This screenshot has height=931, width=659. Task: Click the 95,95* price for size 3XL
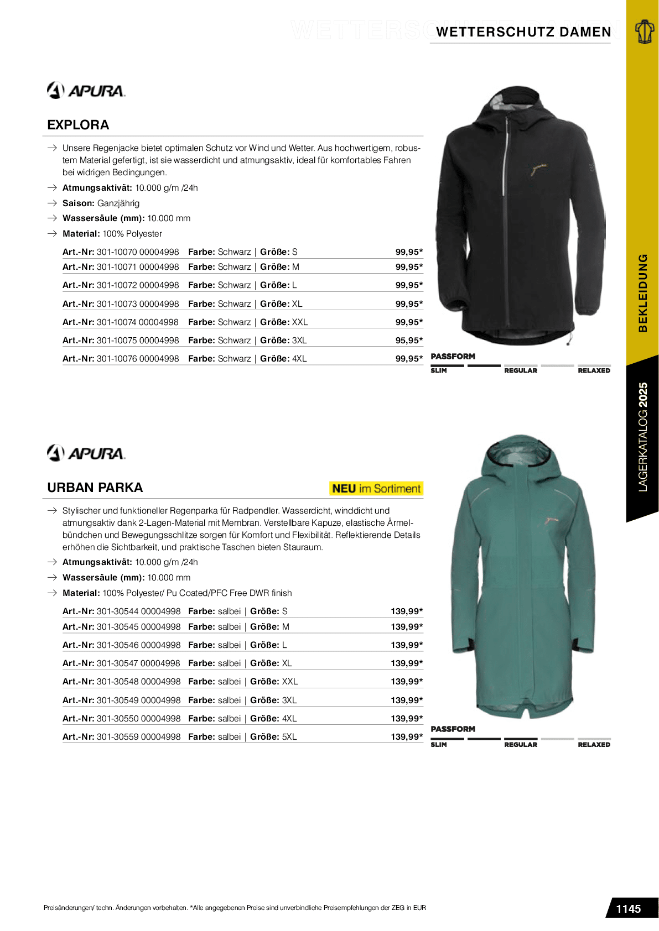point(409,341)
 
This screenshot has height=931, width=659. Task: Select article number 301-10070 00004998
point(138,252)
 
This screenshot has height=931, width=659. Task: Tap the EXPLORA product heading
point(78,125)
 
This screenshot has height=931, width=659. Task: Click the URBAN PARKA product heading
point(95,488)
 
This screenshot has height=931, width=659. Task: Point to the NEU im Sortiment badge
point(376,489)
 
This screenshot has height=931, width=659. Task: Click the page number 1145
point(628,909)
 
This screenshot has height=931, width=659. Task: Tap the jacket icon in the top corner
point(644,31)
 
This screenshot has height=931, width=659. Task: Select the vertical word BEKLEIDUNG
point(642,293)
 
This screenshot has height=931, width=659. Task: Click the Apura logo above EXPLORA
point(86,90)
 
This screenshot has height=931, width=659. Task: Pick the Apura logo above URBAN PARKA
point(86,453)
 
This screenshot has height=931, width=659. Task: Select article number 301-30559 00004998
point(138,737)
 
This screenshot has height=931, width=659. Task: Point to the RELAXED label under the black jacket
point(594,371)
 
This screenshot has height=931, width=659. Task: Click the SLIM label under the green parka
point(439,745)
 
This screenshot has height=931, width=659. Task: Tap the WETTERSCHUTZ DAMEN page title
point(523,32)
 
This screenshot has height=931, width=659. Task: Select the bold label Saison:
point(79,203)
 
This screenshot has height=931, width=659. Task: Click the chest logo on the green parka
point(552,520)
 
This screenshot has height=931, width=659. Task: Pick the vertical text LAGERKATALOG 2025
point(642,437)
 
